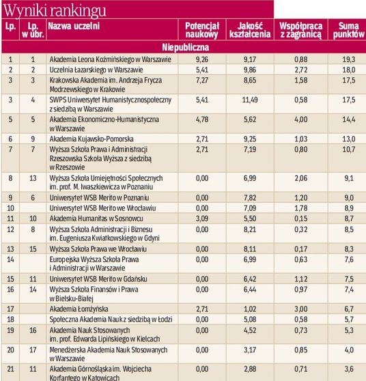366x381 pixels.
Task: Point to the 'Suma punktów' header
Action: pyautogui.click(x=346, y=29)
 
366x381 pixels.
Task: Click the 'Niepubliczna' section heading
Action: pyautogui.click(x=183, y=48)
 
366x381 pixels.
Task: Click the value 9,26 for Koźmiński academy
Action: pyautogui.click(x=201, y=60)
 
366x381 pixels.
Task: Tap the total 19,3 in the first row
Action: pyautogui.click(x=348, y=60)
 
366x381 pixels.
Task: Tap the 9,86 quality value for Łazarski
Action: pyautogui.click(x=249, y=70)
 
